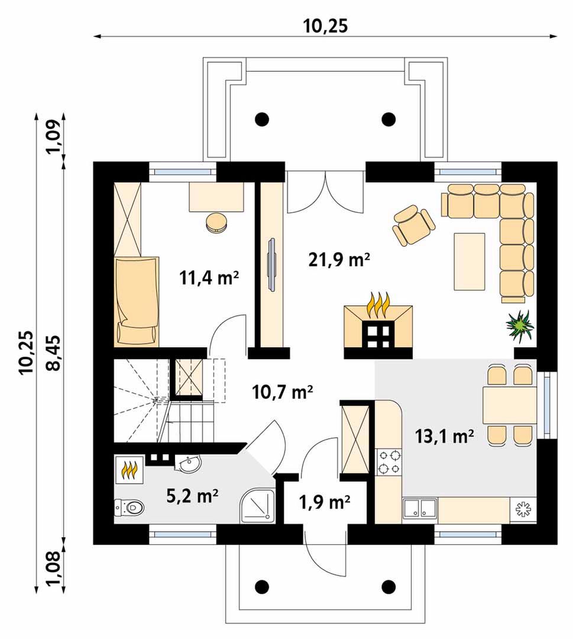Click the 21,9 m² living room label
tap(339, 260)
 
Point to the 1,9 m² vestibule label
tap(325, 502)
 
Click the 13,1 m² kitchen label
tap(444, 436)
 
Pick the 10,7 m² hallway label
tap(282, 392)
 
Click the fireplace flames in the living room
tap(378, 304)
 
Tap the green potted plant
tap(520, 324)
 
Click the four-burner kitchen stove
tap(389, 461)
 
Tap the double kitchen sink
tap(420, 509)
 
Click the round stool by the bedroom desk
tap(216, 222)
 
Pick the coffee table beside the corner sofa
tap(470, 262)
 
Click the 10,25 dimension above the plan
tap(325, 25)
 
